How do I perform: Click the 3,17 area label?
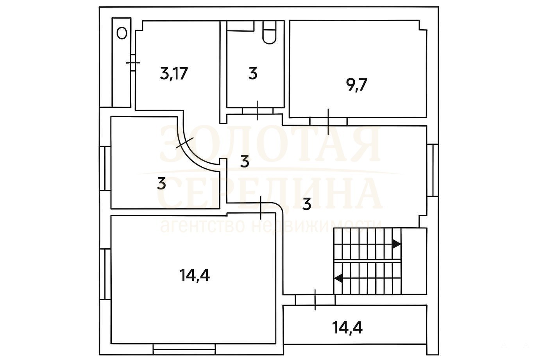coord(173,74)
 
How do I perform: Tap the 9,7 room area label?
coord(356,85)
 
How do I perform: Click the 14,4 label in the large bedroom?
coord(195,275)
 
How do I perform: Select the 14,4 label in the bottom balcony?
coord(347,328)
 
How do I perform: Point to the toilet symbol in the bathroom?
coord(270,32)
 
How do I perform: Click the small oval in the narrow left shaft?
coord(122,33)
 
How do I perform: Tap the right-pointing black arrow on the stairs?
coord(396,244)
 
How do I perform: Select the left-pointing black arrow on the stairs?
coord(338,278)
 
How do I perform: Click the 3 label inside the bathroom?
coord(253,73)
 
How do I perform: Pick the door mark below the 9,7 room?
coord(328,122)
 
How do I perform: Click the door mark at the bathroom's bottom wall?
coord(258,110)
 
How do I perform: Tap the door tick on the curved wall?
coord(185,143)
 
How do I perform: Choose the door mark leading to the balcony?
coord(315,300)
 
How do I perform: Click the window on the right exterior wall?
coord(433,170)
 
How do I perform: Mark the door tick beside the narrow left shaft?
coord(133,63)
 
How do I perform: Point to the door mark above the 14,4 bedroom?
coord(261,208)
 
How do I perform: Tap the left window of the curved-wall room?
coord(105,168)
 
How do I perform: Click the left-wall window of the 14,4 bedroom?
coord(105,274)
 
